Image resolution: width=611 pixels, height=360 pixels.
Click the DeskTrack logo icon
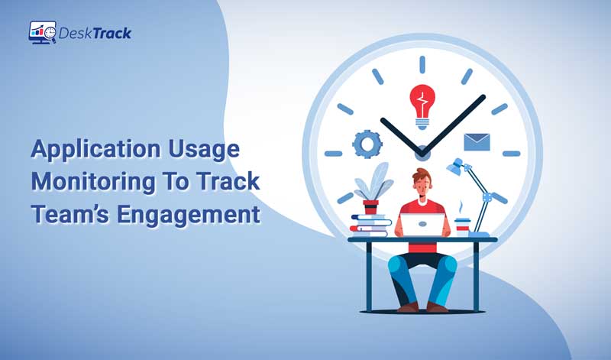coord(42,32)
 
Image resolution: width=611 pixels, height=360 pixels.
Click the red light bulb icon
coord(422,104)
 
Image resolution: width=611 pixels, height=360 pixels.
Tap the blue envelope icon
coord(477,142)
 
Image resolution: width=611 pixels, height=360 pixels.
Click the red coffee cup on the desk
coord(461,226)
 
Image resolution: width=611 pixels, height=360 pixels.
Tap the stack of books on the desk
coord(371,225)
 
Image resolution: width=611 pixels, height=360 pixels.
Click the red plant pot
coord(371,206)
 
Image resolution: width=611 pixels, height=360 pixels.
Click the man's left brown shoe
coord(407,307)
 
